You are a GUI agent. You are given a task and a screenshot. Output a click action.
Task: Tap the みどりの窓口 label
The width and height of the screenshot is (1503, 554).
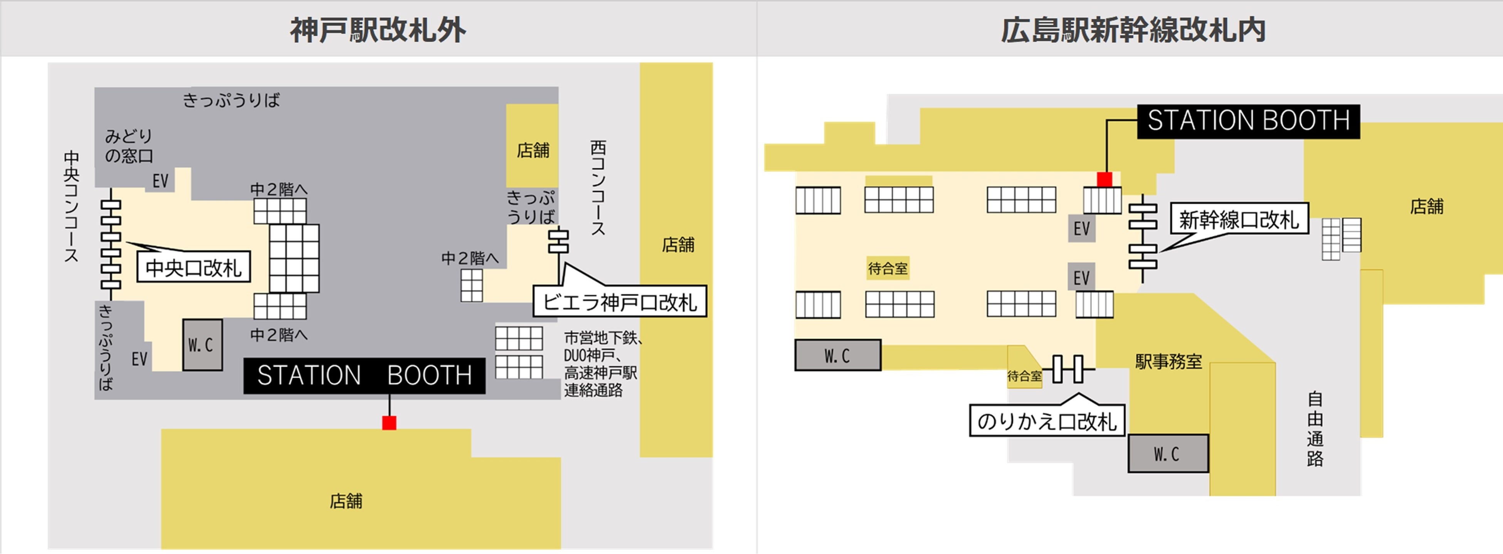pyautogui.click(x=129, y=146)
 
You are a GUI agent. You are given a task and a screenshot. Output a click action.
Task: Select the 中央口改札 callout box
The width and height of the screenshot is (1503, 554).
pyautogui.click(x=194, y=268)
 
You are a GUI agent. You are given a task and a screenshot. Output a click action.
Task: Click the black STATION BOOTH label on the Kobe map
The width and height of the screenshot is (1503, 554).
pyautogui.click(x=364, y=376)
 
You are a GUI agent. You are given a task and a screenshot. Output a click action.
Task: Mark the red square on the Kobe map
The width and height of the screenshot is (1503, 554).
pyautogui.click(x=389, y=423)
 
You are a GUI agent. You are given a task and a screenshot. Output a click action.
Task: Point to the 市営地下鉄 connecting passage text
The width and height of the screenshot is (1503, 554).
pyautogui.click(x=601, y=363)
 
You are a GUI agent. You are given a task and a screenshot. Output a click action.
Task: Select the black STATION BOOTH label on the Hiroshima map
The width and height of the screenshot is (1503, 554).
pyautogui.click(x=1248, y=121)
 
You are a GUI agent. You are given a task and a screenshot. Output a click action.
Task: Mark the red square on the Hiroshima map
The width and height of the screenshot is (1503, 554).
pyautogui.click(x=1104, y=179)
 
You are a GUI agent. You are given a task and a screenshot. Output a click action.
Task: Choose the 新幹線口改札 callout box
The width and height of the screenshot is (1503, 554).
pyautogui.click(x=1239, y=219)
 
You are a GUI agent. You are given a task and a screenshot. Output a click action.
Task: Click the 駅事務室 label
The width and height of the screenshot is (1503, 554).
pyautogui.click(x=1168, y=361)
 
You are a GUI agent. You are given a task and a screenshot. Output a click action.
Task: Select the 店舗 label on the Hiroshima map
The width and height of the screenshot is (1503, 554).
pyautogui.click(x=1427, y=206)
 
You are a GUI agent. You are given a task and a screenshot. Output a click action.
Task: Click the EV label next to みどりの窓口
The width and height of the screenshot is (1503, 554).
pyautogui.click(x=160, y=181)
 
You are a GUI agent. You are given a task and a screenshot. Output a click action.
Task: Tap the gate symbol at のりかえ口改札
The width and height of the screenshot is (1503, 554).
pyautogui.click(x=1068, y=369)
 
